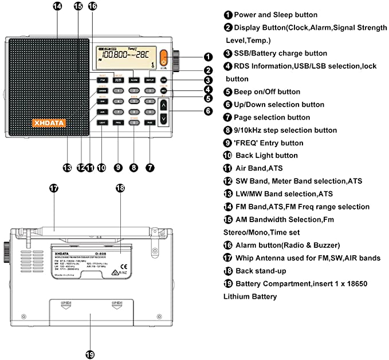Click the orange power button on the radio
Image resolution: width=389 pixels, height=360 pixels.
pyautogui.click(x=164, y=58)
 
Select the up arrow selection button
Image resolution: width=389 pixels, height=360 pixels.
pyautogui.click(x=164, y=105)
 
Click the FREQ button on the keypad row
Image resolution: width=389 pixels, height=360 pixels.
pyautogui.click(x=118, y=122)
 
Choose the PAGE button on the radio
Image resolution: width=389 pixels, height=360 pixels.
pyautogui.click(x=150, y=122)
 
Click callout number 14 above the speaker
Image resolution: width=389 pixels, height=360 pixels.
pyautogui.click(x=57, y=6)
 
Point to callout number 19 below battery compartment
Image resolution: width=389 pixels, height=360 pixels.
pyautogui.click(x=89, y=354)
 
